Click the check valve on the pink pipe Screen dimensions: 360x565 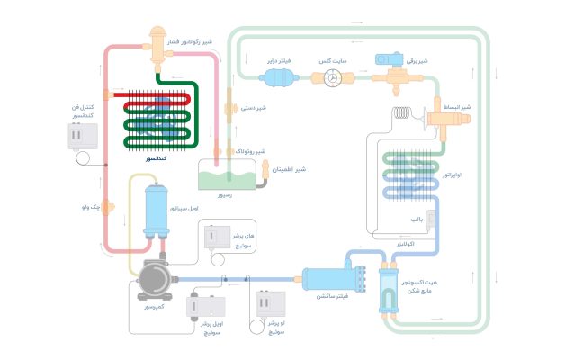[x=106, y=208]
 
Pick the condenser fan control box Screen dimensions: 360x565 [x=83, y=136]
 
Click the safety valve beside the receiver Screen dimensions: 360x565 [x=264, y=181]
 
